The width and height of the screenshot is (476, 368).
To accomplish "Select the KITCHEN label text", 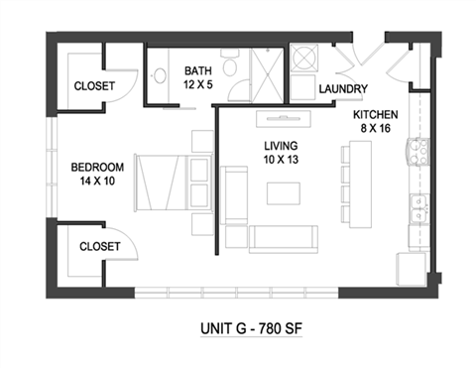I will tap(378, 112).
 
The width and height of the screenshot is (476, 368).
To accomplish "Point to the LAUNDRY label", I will tap(343, 89).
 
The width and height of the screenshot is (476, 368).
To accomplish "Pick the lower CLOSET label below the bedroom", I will tap(98, 245).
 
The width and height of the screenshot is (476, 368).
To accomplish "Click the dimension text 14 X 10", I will tap(97, 182).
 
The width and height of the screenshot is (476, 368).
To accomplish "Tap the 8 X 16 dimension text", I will tap(378, 128).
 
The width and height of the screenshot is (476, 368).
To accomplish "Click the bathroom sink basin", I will tap(161, 74).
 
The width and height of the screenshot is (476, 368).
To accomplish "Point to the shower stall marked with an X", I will tap(265, 68).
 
